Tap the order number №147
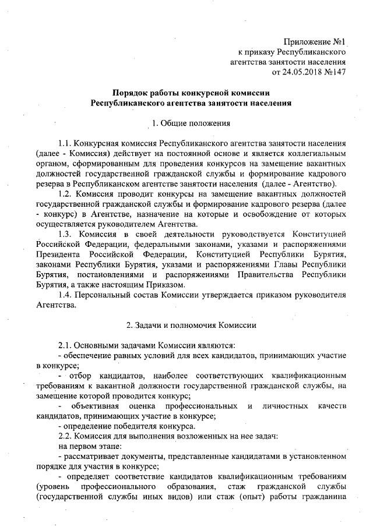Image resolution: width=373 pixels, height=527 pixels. click(336, 73)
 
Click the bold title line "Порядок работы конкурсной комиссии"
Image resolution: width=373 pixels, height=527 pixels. click(191, 93)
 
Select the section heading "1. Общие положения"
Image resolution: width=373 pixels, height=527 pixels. click(191, 123)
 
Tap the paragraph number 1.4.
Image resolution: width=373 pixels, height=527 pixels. click(66, 294)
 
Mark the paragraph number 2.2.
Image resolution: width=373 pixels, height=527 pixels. click(66, 435)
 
